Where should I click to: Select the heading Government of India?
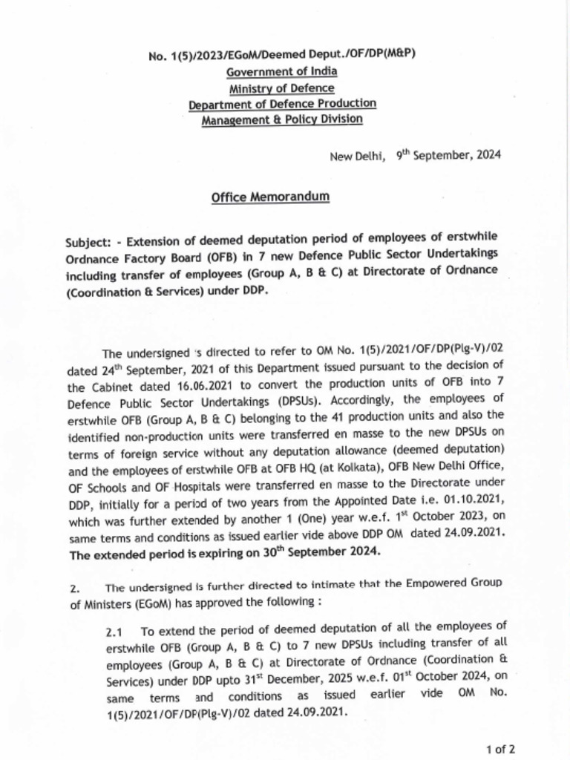282,71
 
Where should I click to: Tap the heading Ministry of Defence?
282,88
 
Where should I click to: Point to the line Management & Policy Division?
282,119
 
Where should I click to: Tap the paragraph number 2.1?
114,632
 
